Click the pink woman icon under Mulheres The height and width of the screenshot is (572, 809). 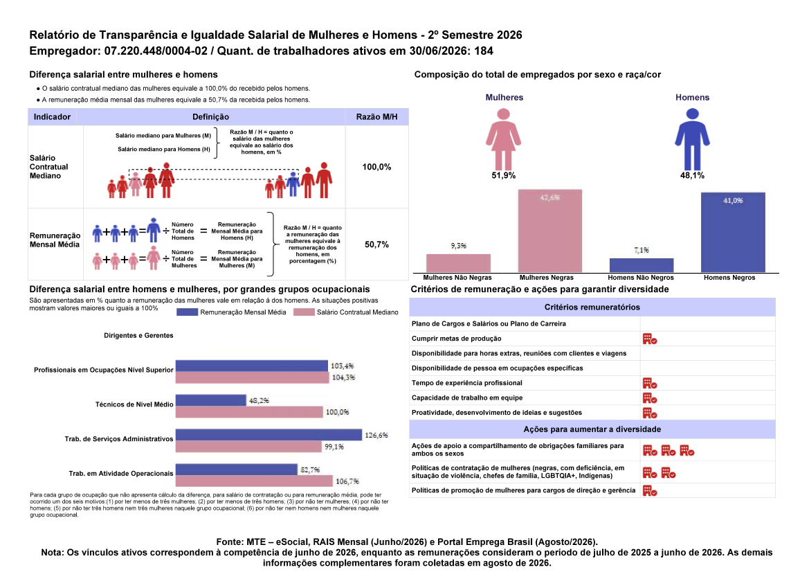point(503,138)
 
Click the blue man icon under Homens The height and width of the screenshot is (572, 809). point(692,138)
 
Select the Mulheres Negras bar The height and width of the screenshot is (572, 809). point(550,231)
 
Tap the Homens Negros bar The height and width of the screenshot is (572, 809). point(733,232)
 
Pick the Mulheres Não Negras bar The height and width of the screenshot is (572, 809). point(458,262)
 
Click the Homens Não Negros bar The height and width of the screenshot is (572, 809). point(642,265)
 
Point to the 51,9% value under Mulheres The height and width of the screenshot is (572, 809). point(504,175)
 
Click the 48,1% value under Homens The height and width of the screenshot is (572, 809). point(692,175)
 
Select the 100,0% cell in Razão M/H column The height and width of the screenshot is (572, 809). point(376,167)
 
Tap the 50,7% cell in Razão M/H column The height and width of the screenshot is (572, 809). point(376,244)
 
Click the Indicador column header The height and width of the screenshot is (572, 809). point(52,116)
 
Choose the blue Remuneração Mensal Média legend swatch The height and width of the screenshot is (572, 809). point(187,312)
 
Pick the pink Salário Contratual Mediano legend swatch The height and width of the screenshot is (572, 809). point(304,312)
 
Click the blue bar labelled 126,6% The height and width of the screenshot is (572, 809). point(269,435)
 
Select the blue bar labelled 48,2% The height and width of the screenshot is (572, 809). point(210,400)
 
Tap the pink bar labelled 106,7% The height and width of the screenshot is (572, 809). point(254,481)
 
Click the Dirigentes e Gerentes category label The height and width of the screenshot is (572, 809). point(139,336)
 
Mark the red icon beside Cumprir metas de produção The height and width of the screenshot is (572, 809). point(650,339)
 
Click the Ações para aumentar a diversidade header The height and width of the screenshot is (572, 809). point(592,429)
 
